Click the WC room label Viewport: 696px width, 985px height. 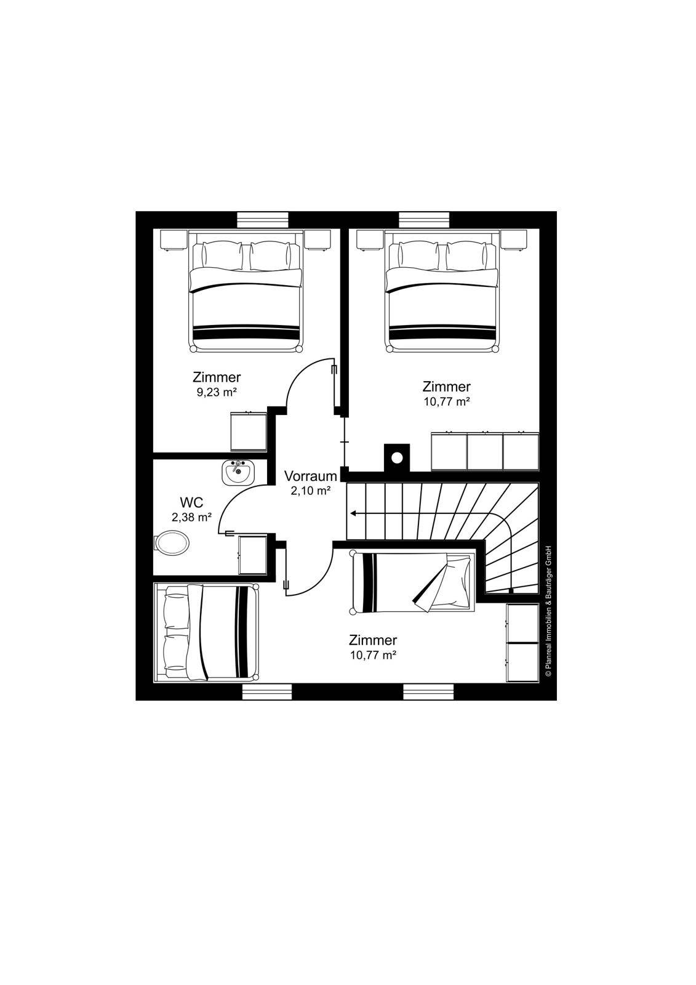pyautogui.click(x=192, y=502)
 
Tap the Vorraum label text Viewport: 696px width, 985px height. pyautogui.click(x=310, y=476)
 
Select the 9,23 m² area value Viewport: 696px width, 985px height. pyautogui.click(x=217, y=392)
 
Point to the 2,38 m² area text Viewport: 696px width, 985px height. pyautogui.click(x=192, y=517)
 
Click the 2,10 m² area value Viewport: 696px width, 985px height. pyautogui.click(x=310, y=491)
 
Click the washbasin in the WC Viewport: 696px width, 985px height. pyautogui.click(x=238, y=472)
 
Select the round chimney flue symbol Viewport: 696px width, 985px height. pyautogui.click(x=397, y=458)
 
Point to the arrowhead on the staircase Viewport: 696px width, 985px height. pyautogui.click(x=353, y=513)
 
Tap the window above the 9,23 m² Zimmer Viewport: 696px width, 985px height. pyautogui.click(x=263, y=219)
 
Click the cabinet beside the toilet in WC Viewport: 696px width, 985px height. pyautogui.click(x=252, y=555)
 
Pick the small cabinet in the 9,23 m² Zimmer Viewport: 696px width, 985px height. pyautogui.click(x=249, y=431)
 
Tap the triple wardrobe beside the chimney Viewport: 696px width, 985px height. pyautogui.click(x=485, y=451)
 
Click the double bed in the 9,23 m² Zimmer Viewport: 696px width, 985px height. pyautogui.click(x=246, y=291)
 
